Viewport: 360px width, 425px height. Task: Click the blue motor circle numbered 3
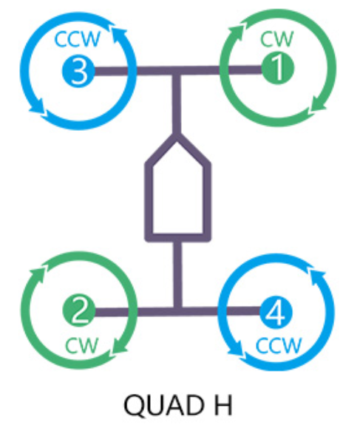coord(78,71)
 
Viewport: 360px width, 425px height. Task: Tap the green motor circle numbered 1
coord(278,68)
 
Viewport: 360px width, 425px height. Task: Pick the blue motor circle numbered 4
coord(276,312)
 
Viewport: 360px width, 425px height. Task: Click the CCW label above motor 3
coord(78,39)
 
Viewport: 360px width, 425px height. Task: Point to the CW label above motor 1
coord(276,38)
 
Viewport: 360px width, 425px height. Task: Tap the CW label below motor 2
coord(81,346)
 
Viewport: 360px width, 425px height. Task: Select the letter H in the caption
coord(223,405)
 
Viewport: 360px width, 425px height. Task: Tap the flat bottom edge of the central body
coord(177,237)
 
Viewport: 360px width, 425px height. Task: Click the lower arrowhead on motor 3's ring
coord(38,108)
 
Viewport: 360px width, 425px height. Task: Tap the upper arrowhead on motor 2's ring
coord(38,273)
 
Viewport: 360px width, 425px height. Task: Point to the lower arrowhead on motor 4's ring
coord(235,350)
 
